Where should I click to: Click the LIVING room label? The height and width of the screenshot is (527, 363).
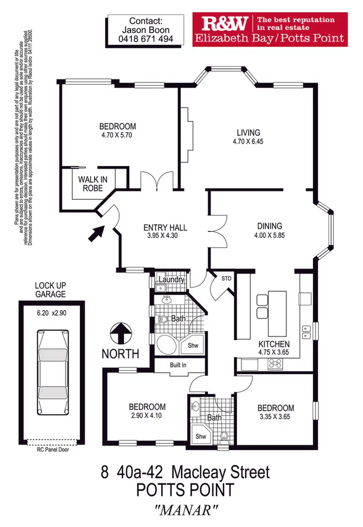point(248,133)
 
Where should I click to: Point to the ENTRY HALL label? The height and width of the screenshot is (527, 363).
point(165,228)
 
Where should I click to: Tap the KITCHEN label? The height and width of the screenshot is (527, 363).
point(274,344)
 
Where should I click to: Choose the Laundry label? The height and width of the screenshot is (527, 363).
point(171,280)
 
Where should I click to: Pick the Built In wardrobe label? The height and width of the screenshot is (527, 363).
point(178,365)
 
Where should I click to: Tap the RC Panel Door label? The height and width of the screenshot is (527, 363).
point(51,449)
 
